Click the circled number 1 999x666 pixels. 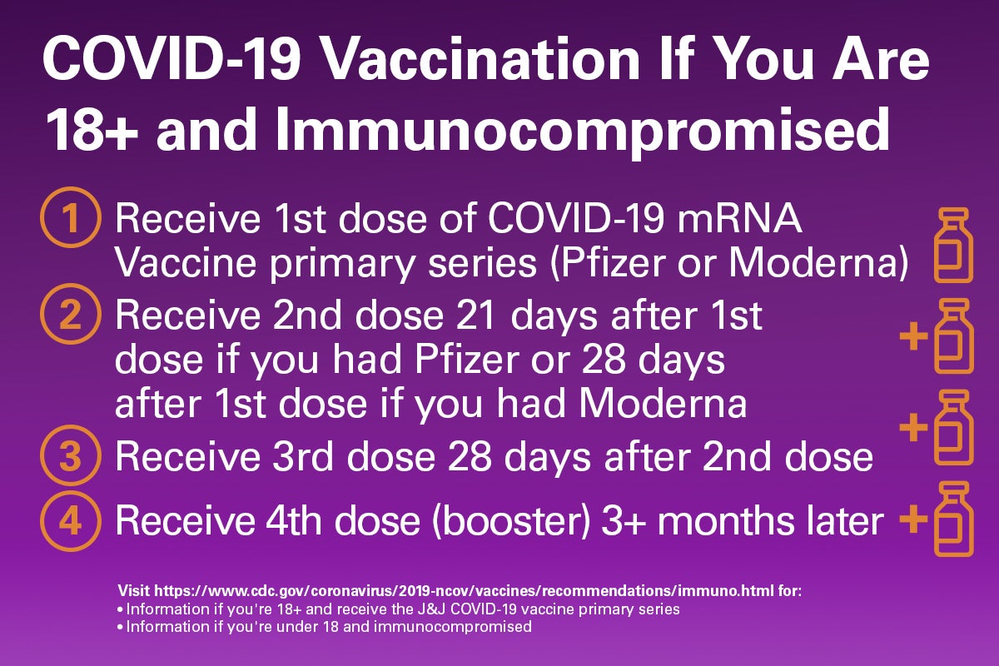click(x=71, y=217)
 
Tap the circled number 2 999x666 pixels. click(x=71, y=314)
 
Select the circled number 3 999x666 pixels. click(x=71, y=455)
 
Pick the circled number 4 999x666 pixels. click(x=71, y=521)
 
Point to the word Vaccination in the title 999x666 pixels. click(x=480, y=59)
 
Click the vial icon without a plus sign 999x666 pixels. click(x=953, y=245)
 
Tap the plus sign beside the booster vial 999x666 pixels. click(x=913, y=519)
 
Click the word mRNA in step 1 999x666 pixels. click(x=739, y=219)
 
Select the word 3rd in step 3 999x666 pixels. click(x=303, y=456)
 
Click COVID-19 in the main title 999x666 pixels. click(x=171, y=59)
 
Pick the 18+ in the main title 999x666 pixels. click(x=92, y=130)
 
